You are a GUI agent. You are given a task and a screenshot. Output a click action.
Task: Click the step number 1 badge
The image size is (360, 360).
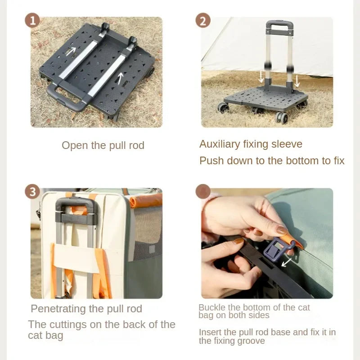click(32, 20)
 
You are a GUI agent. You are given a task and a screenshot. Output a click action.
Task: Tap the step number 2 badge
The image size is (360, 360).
click(203, 20)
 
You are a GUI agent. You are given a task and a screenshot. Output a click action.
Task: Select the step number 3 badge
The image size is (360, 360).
click(32, 192)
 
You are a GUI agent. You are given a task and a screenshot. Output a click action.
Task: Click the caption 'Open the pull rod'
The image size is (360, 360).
click(103, 145)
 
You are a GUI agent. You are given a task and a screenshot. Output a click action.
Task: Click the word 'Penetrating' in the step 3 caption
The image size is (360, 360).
click(58, 309)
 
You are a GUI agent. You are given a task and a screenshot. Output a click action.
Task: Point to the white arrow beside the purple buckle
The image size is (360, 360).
click(287, 262)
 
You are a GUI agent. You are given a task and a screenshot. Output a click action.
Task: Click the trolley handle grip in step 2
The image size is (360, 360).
click(279, 25)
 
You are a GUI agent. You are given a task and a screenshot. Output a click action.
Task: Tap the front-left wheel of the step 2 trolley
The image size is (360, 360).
click(223, 108)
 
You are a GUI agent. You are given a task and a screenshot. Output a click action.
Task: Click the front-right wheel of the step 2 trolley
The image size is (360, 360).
click(282, 118)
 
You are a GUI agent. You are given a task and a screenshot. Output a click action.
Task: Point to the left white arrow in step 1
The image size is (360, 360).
click(71, 51)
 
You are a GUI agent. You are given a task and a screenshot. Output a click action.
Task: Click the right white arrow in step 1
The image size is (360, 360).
click(120, 78)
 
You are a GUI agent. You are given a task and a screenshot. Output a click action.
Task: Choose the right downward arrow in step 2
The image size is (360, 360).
click(297, 81)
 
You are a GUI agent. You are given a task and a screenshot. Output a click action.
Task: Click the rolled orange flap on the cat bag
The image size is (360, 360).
click(145, 200)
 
